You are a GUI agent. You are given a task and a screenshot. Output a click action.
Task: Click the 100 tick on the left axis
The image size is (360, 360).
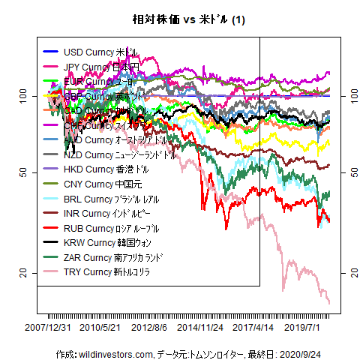[25, 96]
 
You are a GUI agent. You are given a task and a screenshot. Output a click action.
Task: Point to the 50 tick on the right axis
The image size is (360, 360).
[349, 172]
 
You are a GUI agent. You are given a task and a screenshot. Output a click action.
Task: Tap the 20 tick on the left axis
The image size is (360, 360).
[25, 274]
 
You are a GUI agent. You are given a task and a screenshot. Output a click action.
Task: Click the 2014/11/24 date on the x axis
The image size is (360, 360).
[200, 328]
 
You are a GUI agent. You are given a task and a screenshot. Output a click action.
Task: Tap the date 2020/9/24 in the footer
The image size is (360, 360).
[308, 353]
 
